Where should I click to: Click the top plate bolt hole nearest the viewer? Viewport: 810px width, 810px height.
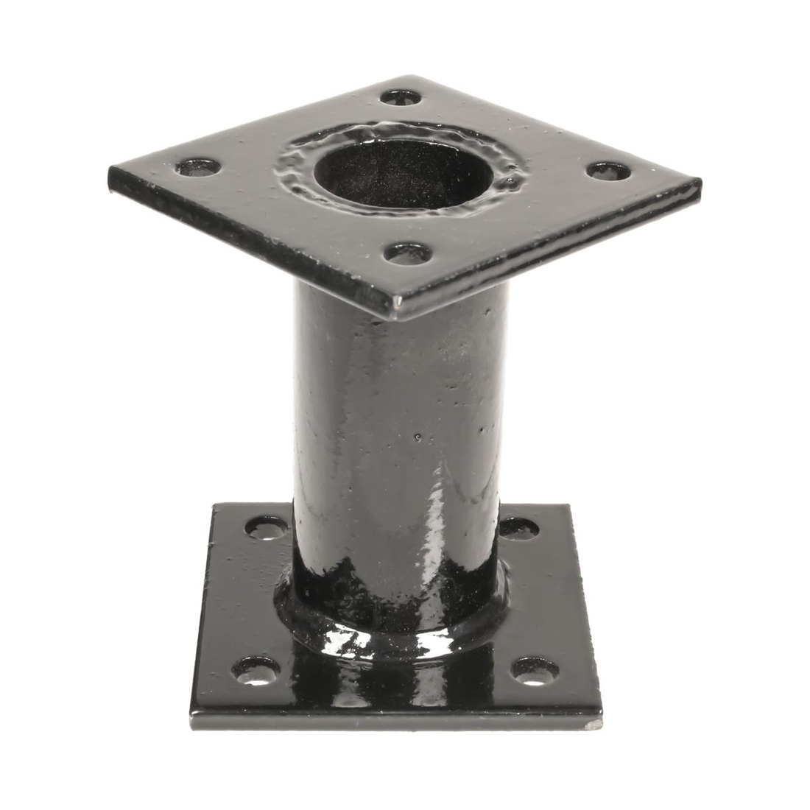(409, 255)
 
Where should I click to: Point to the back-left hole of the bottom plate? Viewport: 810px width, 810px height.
(267, 526)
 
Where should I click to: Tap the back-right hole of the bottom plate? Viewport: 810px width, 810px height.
(520, 527)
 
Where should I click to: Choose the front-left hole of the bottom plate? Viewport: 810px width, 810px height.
(256, 669)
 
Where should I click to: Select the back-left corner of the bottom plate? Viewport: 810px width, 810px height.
(214, 507)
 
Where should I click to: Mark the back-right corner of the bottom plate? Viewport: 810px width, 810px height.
(570, 507)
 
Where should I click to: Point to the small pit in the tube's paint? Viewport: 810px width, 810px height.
(419, 437)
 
